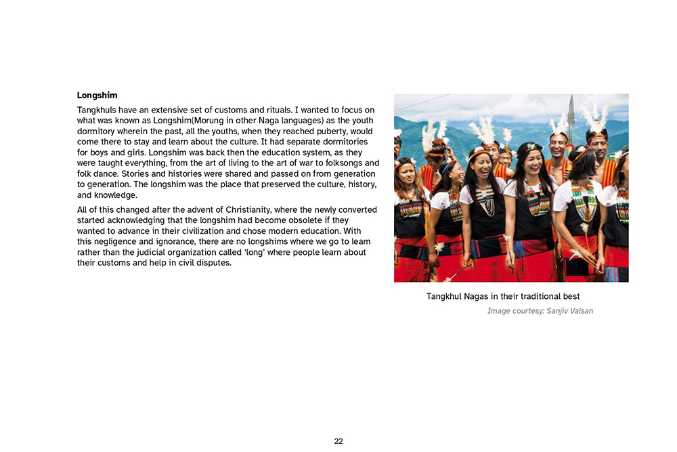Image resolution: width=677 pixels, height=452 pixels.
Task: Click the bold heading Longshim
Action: [97, 96]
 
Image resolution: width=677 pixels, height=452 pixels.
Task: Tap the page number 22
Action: [338, 441]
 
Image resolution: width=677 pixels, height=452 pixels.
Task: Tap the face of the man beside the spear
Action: [558, 144]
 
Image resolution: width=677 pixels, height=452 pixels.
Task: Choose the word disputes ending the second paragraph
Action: [211, 263]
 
